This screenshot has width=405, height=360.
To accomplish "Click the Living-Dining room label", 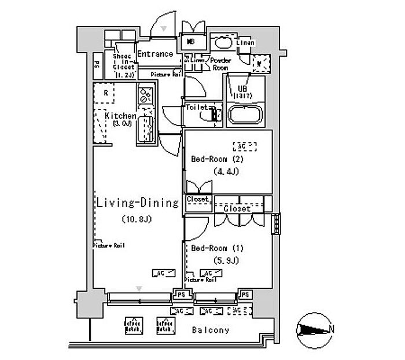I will coord(137,203).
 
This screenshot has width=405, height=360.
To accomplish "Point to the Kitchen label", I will coord(120,116).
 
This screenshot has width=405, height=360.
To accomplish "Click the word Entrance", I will coord(155,54).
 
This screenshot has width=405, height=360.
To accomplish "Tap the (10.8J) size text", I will coord(137,219).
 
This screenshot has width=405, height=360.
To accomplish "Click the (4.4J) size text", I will coord(226,171).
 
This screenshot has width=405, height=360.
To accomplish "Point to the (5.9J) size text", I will coord(226,260).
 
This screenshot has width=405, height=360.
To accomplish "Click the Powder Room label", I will coord(220,64).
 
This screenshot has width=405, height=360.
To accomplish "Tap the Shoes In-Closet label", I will coord(123,62).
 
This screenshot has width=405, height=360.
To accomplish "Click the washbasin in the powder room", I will coord(222,42).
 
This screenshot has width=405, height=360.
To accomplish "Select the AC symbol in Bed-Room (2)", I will coord(244,145).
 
